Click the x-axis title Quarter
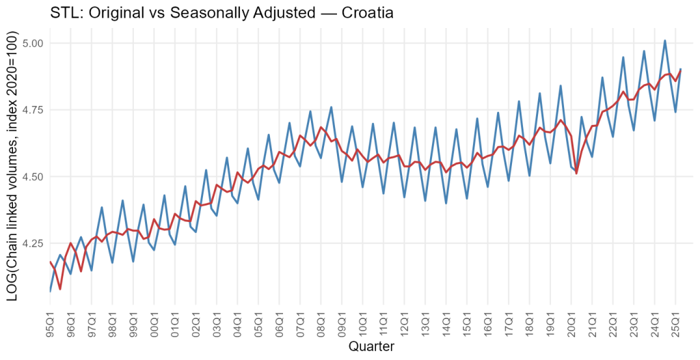371,346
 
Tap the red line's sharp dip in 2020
576,173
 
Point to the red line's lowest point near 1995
60,288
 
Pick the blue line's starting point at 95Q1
51,291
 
